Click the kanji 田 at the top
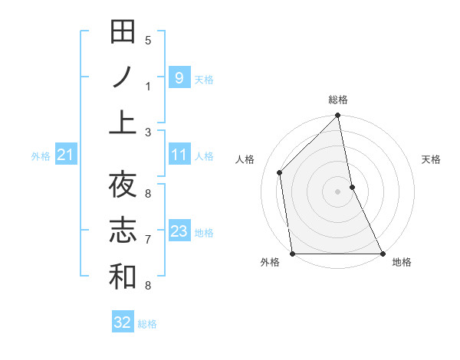(123, 31)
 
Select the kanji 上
(123, 123)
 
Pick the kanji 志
(123, 231)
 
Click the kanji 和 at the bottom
(123, 277)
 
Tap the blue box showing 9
(179, 77)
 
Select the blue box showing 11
(179, 155)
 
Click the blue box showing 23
(179, 231)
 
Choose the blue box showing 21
(65, 155)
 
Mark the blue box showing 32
(123, 322)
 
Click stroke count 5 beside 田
(148, 41)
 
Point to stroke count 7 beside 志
(148, 240)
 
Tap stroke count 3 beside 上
(148, 132)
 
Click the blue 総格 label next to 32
(147, 324)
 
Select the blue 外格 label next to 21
(41, 156)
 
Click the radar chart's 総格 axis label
(338, 100)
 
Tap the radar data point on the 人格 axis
(280, 172)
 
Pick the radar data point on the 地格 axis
(383, 254)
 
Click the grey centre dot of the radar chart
(338, 191)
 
